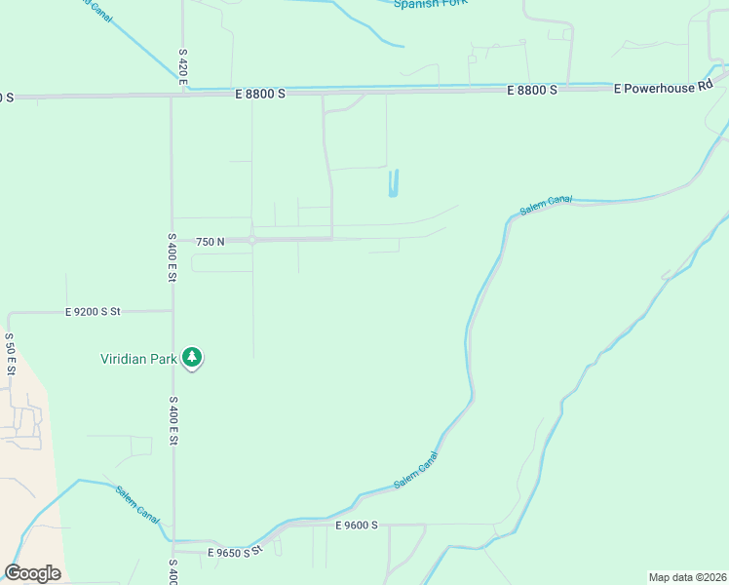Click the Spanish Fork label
coord(430,4)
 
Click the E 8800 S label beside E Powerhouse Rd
coord(531,90)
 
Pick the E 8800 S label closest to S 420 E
coord(260,94)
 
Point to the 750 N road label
coord(210,241)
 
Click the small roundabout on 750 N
coord(251,240)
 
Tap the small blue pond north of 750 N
coord(393,183)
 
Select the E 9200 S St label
coord(93,312)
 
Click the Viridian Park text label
coord(139,358)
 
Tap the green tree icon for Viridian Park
coord(193,358)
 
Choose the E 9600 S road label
coord(355,526)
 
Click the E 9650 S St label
coord(236,552)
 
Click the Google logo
coord(32,573)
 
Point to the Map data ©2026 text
coord(687,577)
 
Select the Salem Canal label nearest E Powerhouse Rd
coord(545,206)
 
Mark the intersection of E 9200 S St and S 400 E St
coord(173,312)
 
